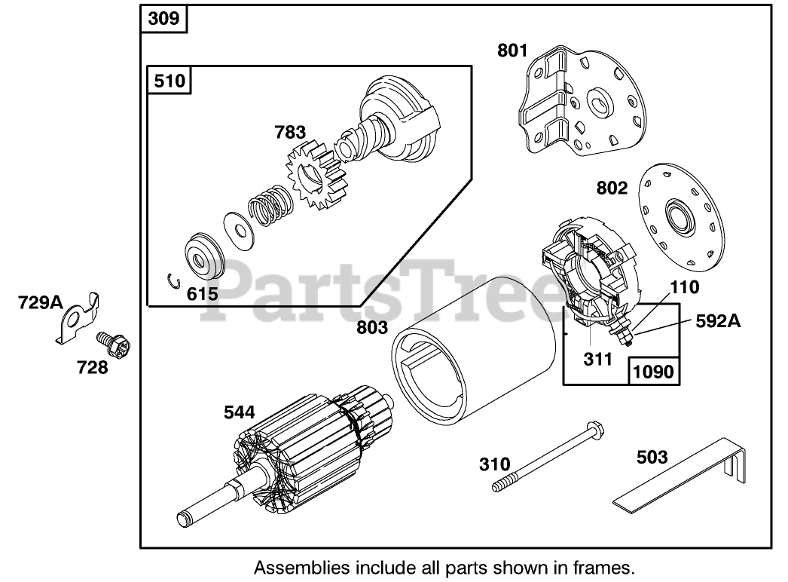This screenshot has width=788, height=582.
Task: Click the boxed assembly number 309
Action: click(163, 18)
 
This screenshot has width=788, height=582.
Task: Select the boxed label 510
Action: click(169, 80)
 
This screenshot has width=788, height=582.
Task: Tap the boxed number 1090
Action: click(653, 371)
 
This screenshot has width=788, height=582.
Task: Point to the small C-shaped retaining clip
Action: click(173, 282)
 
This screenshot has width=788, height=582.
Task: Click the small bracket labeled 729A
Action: click(78, 316)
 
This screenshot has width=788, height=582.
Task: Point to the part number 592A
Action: click(717, 322)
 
